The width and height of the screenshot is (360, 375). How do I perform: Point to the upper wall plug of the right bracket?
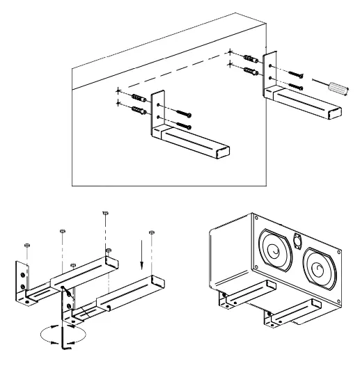[x=251, y=56]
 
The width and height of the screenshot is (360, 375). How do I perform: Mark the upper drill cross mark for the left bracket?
[x=120, y=90]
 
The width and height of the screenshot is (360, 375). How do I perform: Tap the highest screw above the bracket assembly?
[x=104, y=213]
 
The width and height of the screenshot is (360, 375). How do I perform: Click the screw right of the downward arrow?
[x=151, y=232]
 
